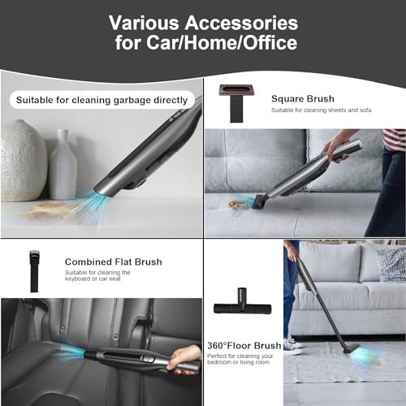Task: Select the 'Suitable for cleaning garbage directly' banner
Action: pyautogui.click(x=101, y=100)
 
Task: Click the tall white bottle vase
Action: pyautogui.click(x=63, y=168)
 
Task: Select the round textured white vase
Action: pyautogui.click(x=22, y=160)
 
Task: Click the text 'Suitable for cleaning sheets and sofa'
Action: pyautogui.click(x=322, y=110)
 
